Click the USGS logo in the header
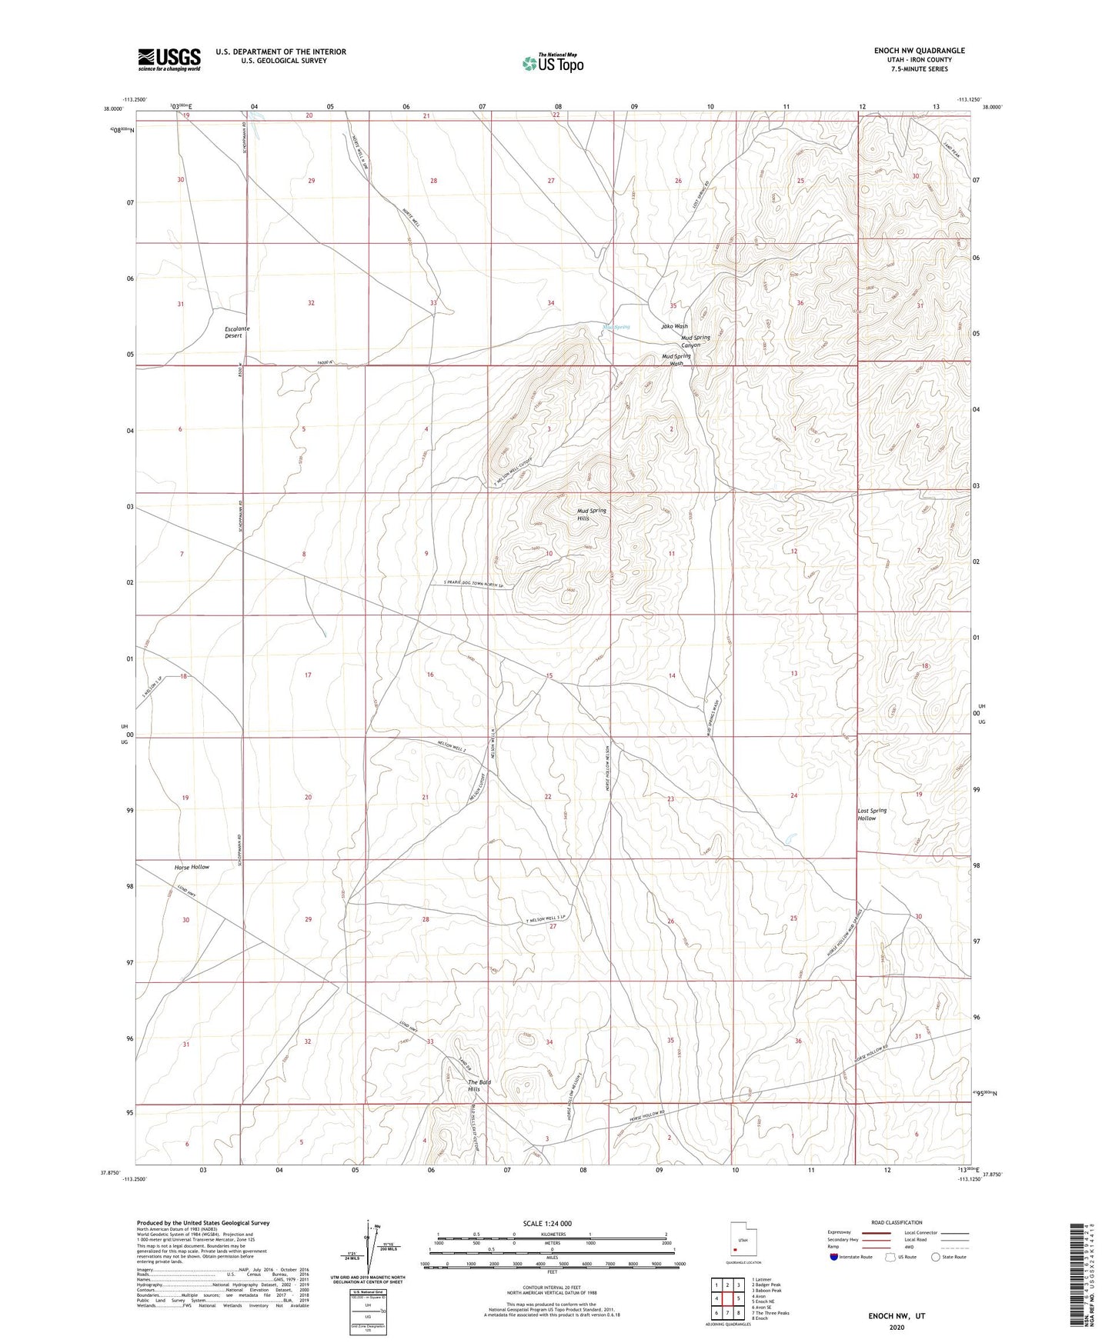tap(169, 59)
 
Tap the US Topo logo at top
tap(552, 63)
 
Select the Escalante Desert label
tap(237, 332)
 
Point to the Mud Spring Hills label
tap(592, 514)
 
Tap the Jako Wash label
tap(675, 326)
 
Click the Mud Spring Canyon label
tap(696, 341)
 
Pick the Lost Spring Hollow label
tap(872, 814)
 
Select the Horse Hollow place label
tap(192, 867)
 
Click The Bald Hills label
tap(479, 1085)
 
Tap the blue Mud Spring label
tap(616, 327)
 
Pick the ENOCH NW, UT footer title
tap(897, 1316)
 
